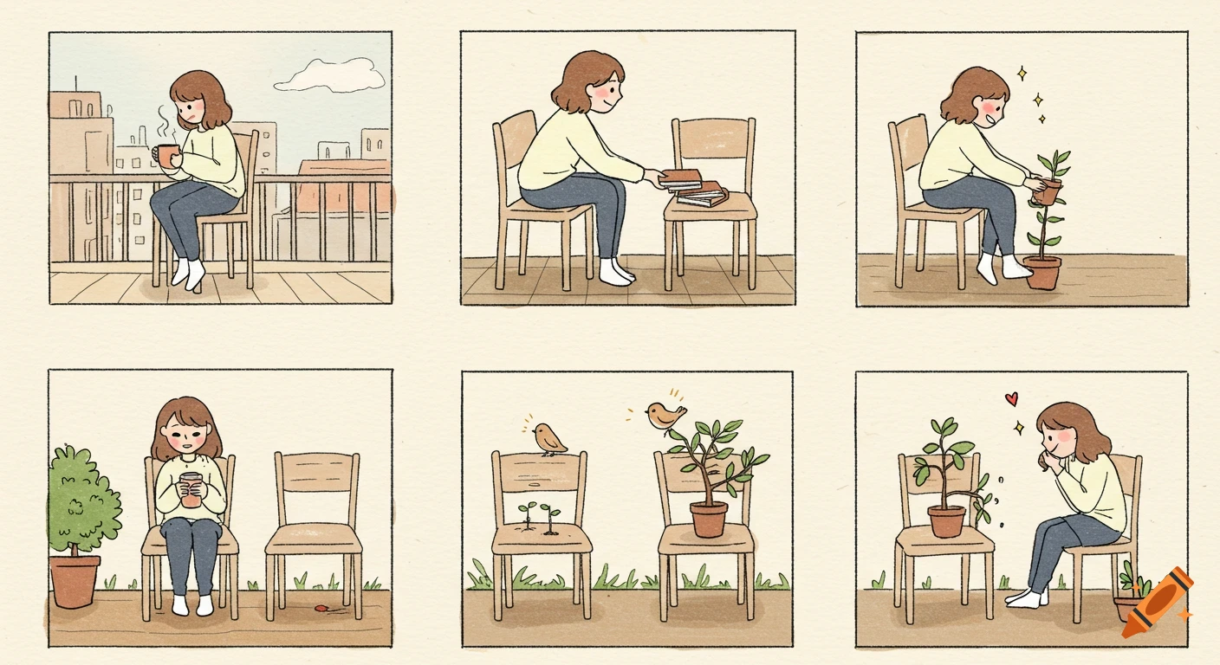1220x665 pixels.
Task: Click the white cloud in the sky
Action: tap(331, 76)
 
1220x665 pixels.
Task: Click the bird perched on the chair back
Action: tap(548, 438)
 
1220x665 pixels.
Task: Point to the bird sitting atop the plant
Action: tap(665, 416)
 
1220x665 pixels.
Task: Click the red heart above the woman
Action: tap(1010, 399)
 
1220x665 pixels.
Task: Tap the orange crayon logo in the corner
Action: tap(1157, 604)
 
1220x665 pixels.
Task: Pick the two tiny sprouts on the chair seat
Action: tap(538, 517)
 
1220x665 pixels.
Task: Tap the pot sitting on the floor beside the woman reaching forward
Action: tap(1042, 272)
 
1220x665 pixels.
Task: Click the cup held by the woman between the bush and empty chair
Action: tap(190, 489)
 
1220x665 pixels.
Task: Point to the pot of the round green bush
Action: tap(75, 581)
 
